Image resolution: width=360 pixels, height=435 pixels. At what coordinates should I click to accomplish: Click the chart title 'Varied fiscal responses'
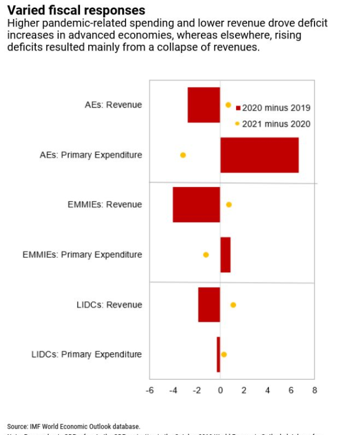click(x=76, y=10)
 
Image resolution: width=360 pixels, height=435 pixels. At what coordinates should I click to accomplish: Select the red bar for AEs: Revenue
click(x=204, y=105)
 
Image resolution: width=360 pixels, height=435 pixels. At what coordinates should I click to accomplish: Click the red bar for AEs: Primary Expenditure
click(x=259, y=155)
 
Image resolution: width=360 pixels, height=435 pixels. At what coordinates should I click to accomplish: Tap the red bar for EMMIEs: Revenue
click(x=196, y=204)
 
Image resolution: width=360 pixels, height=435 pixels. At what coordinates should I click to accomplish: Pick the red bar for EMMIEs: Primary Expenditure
click(x=225, y=254)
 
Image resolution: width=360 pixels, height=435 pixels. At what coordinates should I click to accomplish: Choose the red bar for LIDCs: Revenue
click(x=209, y=304)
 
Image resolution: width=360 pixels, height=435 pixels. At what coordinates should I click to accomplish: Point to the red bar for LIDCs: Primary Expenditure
click(x=218, y=354)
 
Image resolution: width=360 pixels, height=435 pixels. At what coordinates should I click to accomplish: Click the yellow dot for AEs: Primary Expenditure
click(x=183, y=155)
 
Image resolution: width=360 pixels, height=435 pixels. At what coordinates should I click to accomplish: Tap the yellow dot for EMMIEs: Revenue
click(x=229, y=204)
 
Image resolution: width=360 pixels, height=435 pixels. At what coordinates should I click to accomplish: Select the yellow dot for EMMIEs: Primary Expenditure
click(x=206, y=254)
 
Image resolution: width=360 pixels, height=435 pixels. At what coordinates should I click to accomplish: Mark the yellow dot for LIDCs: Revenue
click(x=233, y=304)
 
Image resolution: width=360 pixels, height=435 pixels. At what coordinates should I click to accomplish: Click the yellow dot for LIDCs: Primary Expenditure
click(x=224, y=354)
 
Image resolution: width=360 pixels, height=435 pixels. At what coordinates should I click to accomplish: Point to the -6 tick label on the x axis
click(x=149, y=390)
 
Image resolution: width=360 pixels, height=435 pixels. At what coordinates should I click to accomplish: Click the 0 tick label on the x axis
click(x=220, y=390)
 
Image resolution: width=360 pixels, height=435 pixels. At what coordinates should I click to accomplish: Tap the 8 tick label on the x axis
click(x=314, y=390)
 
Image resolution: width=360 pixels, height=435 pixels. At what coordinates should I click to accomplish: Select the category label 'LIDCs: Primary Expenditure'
click(x=86, y=354)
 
